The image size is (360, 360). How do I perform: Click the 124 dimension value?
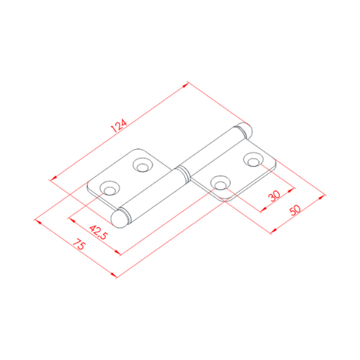click(119, 126)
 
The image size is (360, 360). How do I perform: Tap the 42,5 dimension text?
click(98, 232)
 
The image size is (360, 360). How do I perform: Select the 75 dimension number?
click(79, 244)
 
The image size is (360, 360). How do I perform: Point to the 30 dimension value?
click(275, 196)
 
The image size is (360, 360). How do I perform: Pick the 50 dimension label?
click(295, 210)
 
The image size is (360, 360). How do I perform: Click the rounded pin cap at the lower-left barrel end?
click(120, 219)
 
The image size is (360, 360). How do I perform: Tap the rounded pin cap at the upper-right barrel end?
click(245, 131)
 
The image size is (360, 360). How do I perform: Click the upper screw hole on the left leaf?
click(143, 165)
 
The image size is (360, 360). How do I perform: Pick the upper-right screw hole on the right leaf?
click(253, 160)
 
